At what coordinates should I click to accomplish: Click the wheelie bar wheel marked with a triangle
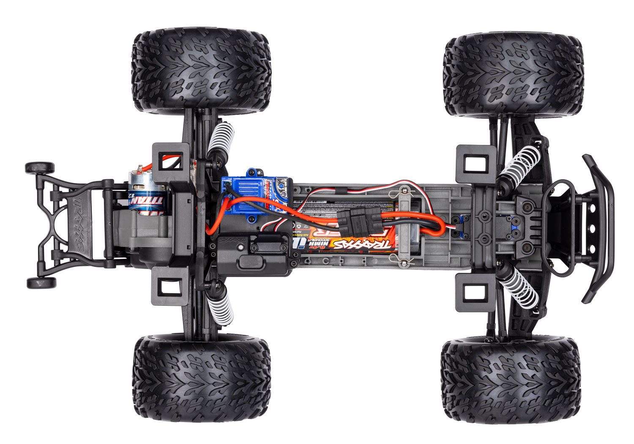click(x=41, y=283)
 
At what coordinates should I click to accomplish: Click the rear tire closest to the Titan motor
click(x=201, y=70)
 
